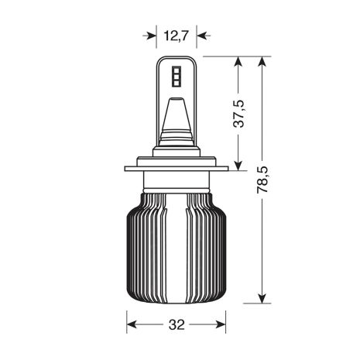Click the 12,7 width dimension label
pyautogui.click(x=176, y=34)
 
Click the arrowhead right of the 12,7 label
pyautogui.click(x=201, y=34)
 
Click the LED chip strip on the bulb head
pyautogui.click(x=175, y=75)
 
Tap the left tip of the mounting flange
pyautogui.click(x=124, y=169)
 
